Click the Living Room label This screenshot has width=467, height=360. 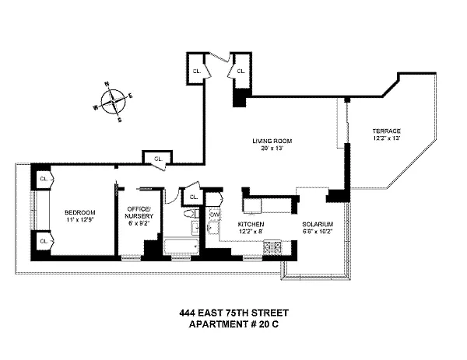(272, 141)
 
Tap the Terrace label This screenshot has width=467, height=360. (386, 131)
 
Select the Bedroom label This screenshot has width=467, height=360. (80, 212)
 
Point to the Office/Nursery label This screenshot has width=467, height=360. (139, 212)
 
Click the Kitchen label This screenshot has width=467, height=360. (251, 224)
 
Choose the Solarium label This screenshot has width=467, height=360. (318, 225)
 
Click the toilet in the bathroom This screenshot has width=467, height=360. (191, 214)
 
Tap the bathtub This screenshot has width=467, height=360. (181, 246)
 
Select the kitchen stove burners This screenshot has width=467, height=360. (272, 246)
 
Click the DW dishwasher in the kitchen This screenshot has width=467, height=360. (215, 215)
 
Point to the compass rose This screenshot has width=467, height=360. (113, 102)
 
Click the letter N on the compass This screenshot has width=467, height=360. (107, 84)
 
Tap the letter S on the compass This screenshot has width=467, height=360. (120, 121)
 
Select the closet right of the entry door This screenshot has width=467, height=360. (241, 71)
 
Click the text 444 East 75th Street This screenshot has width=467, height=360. (233, 313)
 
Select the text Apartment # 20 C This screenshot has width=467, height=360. (233, 324)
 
